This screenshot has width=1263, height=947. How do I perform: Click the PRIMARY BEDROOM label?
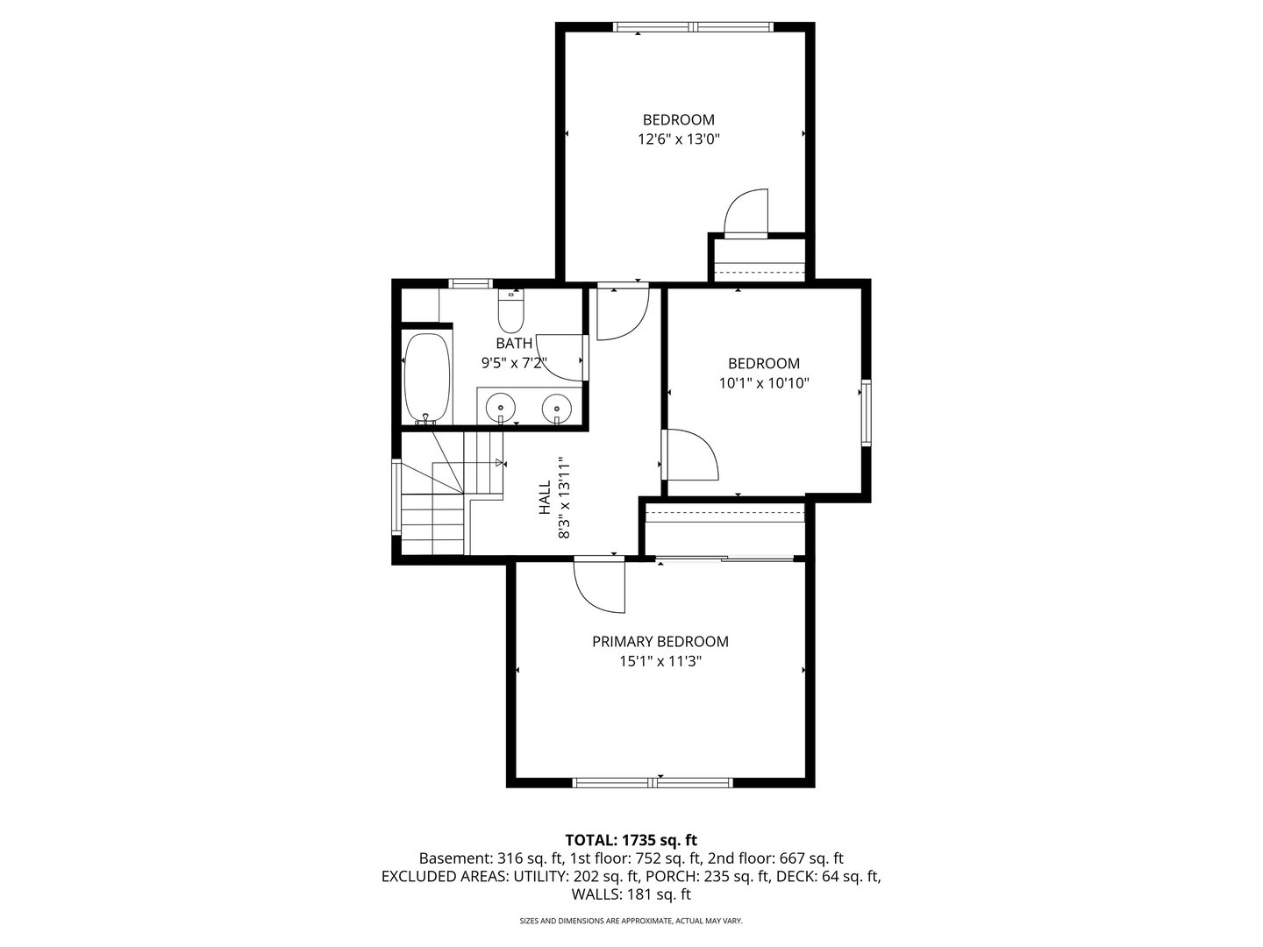660,641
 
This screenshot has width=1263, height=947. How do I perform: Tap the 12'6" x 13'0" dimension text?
678,139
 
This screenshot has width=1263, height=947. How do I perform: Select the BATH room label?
513,343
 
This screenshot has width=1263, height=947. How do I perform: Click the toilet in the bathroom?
510,310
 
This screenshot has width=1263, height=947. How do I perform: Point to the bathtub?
427,377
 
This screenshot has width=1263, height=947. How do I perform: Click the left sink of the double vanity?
501,407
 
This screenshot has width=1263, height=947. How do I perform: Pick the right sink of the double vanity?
556,407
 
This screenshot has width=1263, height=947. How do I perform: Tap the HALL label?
544,496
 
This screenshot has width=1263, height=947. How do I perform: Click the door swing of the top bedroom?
747,214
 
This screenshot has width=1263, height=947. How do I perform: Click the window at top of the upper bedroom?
693,27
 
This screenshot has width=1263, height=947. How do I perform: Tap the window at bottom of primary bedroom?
653,782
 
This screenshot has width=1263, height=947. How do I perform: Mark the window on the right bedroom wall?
866,412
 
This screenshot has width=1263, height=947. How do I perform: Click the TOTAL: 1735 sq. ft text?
631,839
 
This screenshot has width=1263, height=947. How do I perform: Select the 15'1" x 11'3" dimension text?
660,661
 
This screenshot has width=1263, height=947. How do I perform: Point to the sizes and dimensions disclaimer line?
631,921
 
